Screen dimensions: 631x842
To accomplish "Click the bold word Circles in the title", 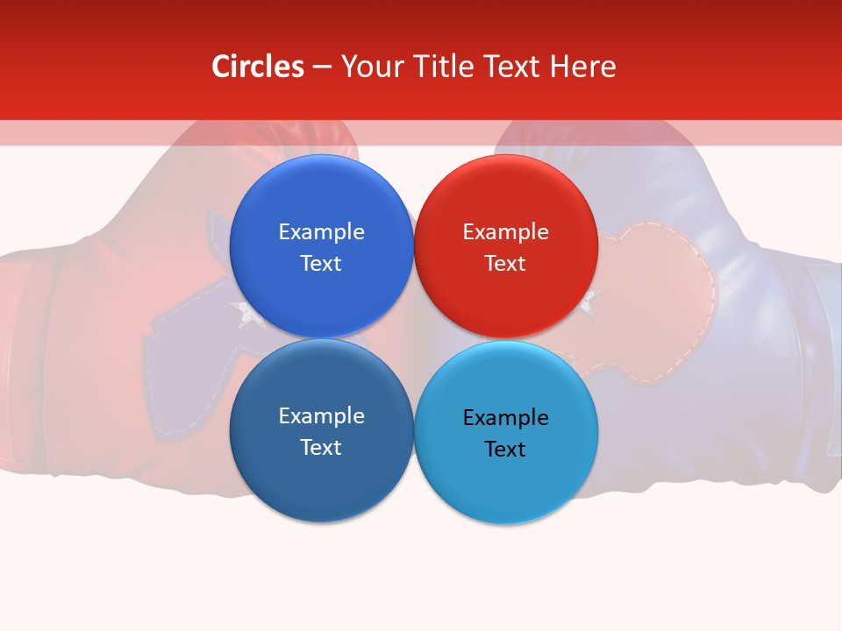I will tap(258, 67).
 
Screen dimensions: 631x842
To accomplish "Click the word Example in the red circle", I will tap(506, 232).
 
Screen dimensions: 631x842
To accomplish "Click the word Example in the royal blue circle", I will tap(321, 232).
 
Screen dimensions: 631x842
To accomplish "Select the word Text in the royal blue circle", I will tap(320, 264).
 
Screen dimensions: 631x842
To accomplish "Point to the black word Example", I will tap(506, 418).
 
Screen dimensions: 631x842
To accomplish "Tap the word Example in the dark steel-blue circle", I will tap(321, 416).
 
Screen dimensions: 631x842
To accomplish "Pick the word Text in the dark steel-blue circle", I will tap(320, 448).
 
